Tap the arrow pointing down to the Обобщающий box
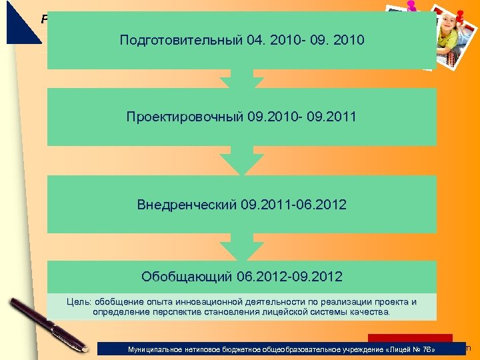[x=241, y=247]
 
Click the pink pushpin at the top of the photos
[x=411, y=6]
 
